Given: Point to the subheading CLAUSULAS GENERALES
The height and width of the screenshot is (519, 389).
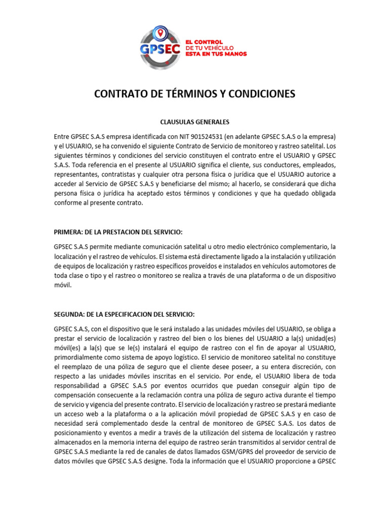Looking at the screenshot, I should pyautogui.click(x=194, y=122).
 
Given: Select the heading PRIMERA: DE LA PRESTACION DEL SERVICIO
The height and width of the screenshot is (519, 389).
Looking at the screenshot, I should pyautogui.click(x=118, y=232).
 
